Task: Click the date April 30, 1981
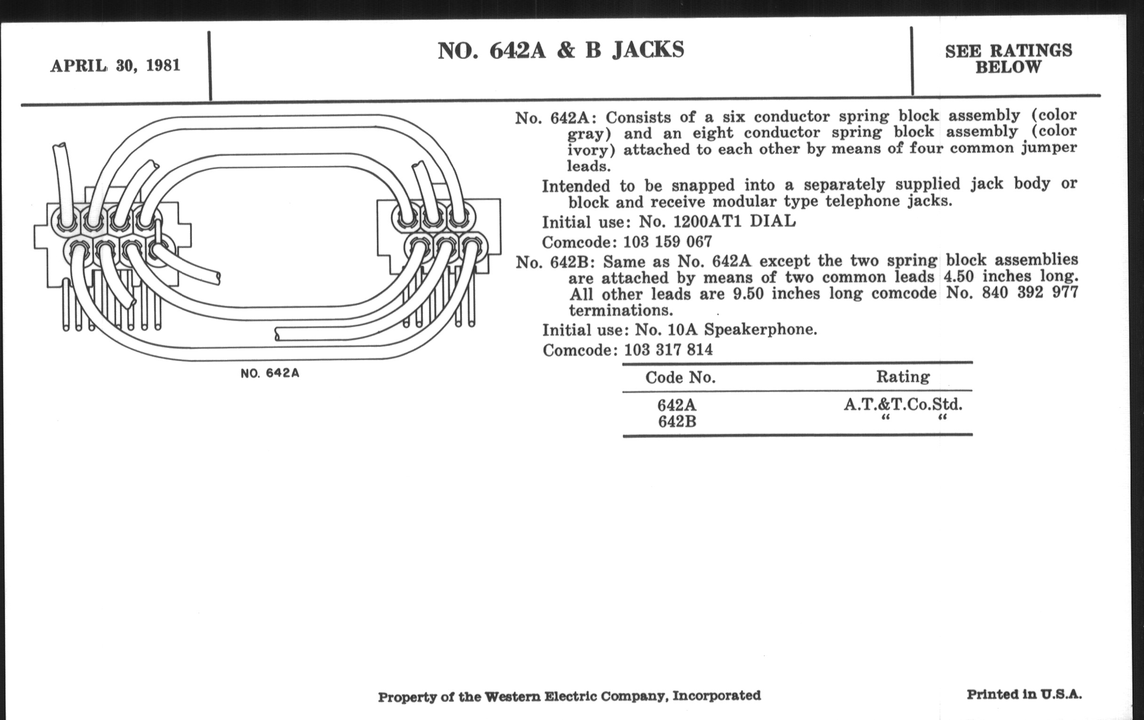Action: (x=115, y=65)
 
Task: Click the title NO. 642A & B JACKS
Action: (x=561, y=50)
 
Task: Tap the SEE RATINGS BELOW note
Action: (x=1008, y=59)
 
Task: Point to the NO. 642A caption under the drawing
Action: (x=270, y=373)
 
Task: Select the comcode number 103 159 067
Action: (x=667, y=242)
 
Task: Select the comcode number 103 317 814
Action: (x=668, y=350)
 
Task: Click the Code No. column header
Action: (x=680, y=377)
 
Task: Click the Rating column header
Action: (x=903, y=376)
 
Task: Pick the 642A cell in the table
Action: (x=677, y=405)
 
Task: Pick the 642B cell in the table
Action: (x=677, y=422)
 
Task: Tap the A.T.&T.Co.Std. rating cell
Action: (x=903, y=404)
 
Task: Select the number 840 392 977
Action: (x=1030, y=292)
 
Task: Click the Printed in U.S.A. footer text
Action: (x=1024, y=694)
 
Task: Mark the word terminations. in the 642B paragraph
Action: (x=621, y=311)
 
